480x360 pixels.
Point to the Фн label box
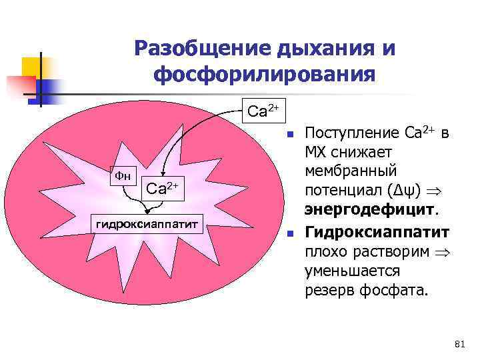[x=124, y=177]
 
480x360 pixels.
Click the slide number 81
[x=458, y=344]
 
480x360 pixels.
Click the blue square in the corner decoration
[x=49, y=89]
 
